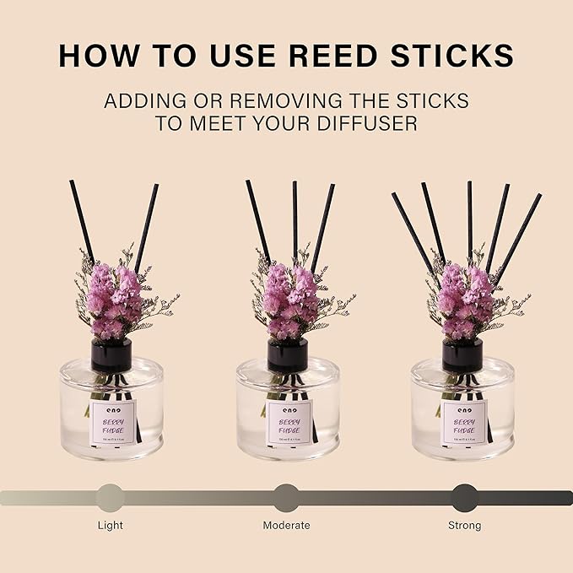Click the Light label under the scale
(x=110, y=525)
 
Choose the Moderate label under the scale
(x=286, y=525)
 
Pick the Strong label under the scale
(x=464, y=525)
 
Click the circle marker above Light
(x=110, y=498)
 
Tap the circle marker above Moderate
(x=286, y=498)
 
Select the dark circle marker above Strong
(x=464, y=498)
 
